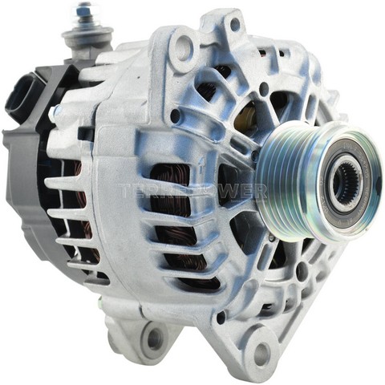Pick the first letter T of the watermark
[x=122, y=191]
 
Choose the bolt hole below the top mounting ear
[x=175, y=115]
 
